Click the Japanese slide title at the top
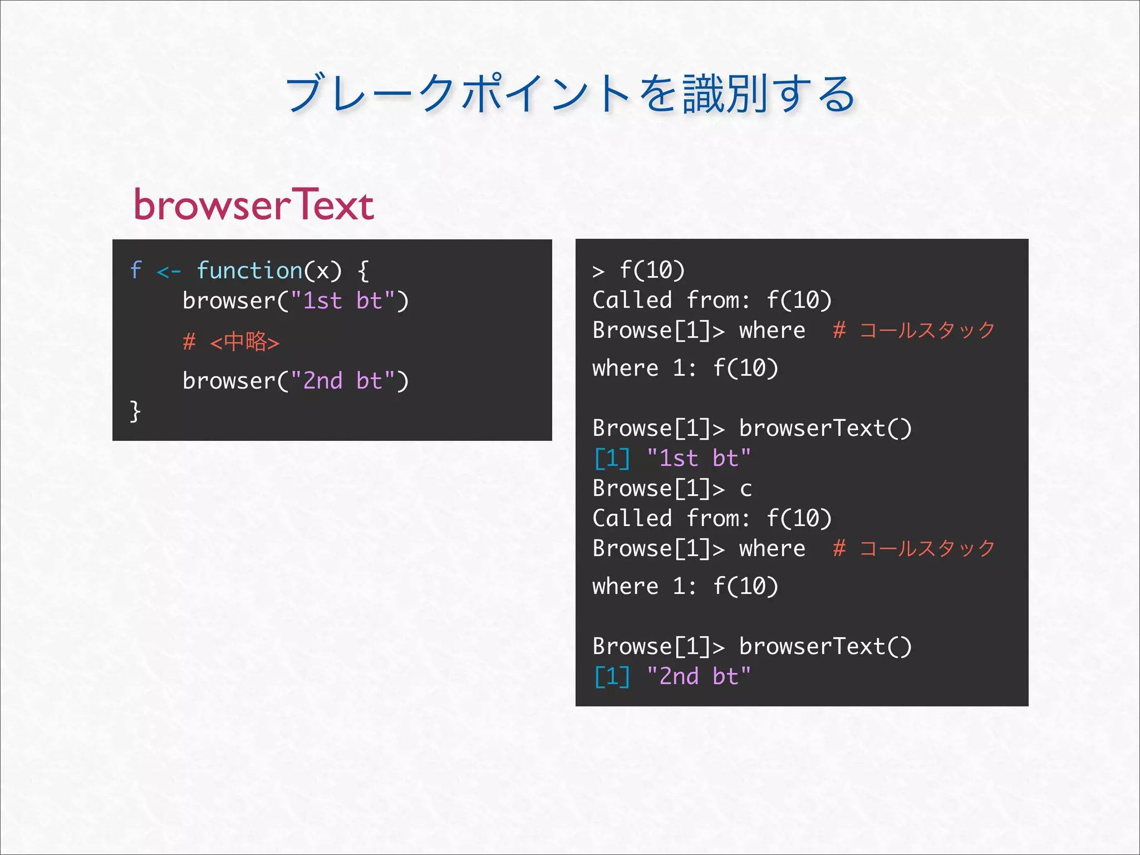pos(570,94)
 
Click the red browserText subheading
pos(253,205)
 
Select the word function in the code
pos(249,271)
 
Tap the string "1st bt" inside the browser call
pos(342,301)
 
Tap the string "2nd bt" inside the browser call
pos(342,381)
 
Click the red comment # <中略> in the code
pos(231,342)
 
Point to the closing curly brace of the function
pos(135,411)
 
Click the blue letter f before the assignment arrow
pos(136,271)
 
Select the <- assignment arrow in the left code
pos(169,272)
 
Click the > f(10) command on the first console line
pos(639,271)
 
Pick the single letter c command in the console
pos(746,489)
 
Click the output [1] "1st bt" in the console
pos(672,459)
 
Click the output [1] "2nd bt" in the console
pos(672,677)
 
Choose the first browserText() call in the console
pos(825,429)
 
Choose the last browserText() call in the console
pos(825,647)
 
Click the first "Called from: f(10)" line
pos(712,301)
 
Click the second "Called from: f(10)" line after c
pos(712,519)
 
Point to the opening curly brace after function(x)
pos(363,271)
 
